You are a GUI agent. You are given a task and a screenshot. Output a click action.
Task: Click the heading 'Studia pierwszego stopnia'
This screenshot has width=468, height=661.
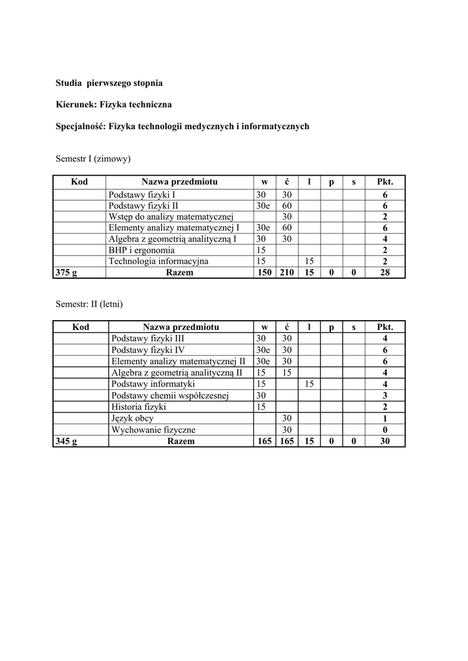click(109, 83)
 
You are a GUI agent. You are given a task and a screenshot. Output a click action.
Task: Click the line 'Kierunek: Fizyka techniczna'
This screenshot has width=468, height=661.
click(114, 104)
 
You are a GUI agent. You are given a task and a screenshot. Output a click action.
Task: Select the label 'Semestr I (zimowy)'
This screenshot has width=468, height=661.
click(94, 158)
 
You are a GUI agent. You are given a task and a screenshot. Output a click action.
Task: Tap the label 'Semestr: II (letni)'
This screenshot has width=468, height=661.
click(89, 303)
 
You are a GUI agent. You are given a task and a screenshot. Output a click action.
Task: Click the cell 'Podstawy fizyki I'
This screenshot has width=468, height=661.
click(142, 194)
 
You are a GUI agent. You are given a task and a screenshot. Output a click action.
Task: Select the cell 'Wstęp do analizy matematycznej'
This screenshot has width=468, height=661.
click(171, 216)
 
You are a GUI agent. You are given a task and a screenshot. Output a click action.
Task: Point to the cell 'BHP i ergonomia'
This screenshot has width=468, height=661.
click(142, 250)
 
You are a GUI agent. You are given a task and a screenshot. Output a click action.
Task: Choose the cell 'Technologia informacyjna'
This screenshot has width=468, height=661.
click(158, 261)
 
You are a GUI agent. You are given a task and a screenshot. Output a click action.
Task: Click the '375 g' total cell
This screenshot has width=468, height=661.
click(67, 272)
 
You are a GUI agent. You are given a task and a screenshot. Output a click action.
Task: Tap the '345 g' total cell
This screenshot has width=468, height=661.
click(67, 442)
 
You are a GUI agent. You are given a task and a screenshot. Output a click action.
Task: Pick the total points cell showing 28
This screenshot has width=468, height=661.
click(385, 272)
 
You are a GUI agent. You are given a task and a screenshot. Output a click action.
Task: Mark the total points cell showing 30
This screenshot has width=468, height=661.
click(385, 442)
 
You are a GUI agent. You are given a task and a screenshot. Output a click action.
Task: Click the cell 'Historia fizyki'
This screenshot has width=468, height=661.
click(138, 407)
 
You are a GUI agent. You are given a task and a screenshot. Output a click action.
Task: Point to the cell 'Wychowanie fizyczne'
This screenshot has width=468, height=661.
click(153, 430)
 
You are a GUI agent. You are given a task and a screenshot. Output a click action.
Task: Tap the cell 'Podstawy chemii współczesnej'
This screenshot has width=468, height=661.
click(170, 395)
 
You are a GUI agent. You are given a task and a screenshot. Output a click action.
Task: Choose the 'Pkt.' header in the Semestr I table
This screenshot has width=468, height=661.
click(385, 182)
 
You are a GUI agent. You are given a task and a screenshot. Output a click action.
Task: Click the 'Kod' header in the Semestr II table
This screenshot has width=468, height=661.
click(81, 327)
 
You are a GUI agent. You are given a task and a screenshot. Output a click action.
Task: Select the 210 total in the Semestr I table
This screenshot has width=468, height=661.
click(286, 272)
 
